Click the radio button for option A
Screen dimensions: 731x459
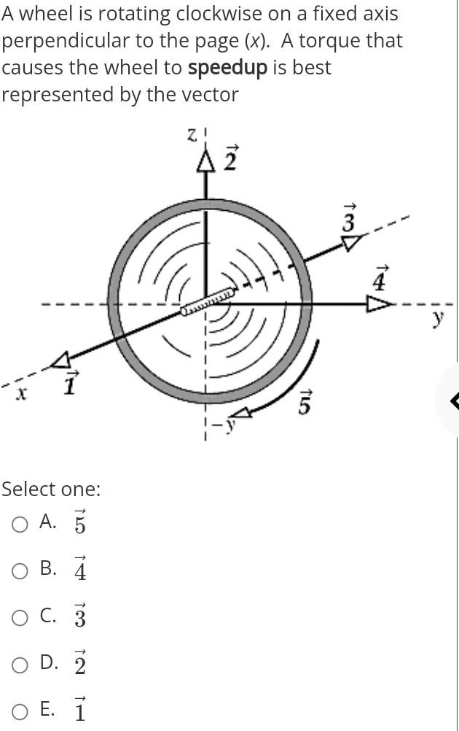click(21, 523)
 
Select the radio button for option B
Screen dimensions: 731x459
click(21, 570)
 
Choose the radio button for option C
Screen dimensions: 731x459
click(21, 616)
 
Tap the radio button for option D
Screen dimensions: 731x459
click(21, 663)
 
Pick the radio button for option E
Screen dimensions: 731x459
click(21, 710)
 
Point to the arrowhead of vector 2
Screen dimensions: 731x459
click(206, 163)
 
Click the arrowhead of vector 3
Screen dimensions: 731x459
click(352, 241)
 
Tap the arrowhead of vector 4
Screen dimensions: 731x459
click(378, 303)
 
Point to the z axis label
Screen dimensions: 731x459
click(192, 134)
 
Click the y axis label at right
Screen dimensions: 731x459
click(437, 318)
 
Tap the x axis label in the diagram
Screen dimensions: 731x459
click(22, 393)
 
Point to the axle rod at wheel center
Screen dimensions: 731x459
click(207, 302)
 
